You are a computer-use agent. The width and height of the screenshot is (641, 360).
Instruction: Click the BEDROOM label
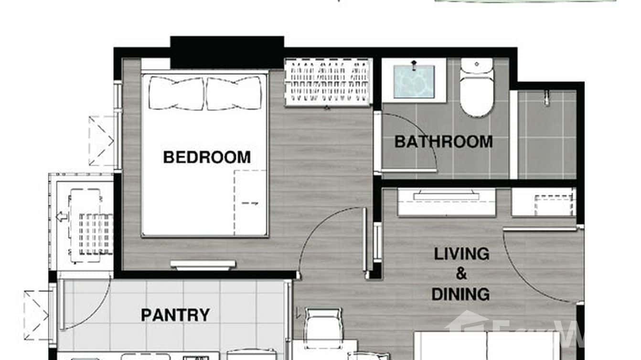[206, 157]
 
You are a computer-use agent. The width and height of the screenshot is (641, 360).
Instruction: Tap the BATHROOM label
[443, 142]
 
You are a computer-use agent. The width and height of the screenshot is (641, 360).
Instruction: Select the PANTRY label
[175, 315]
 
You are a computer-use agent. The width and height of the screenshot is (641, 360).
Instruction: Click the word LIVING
[461, 254]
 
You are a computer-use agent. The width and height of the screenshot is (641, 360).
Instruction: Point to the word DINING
[460, 294]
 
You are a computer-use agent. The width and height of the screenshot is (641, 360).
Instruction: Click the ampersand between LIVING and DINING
[461, 274]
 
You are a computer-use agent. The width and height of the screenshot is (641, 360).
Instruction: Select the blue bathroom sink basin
[414, 82]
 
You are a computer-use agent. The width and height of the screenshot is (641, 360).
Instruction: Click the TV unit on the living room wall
[447, 196]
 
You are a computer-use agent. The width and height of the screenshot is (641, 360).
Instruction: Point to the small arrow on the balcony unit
[62, 217]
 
